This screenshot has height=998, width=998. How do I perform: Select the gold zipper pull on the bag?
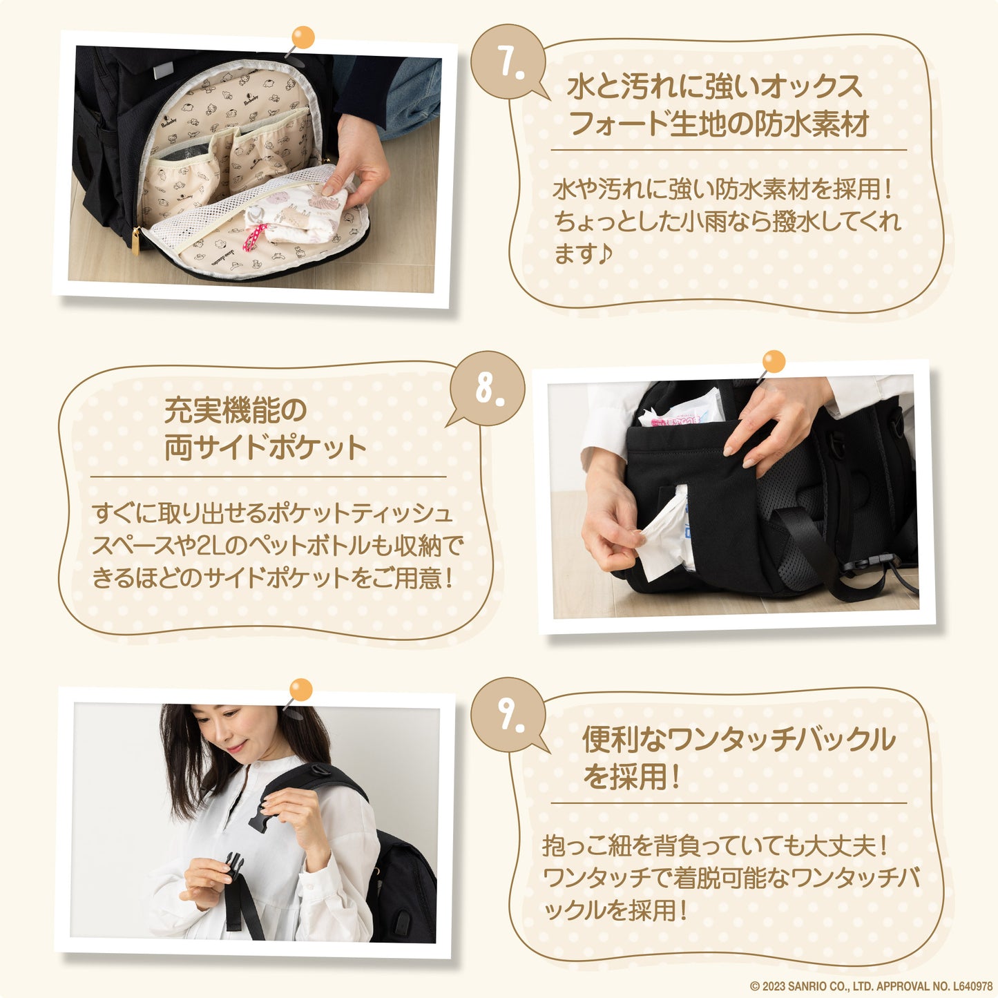(135, 240)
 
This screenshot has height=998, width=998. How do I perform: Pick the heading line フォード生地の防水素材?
(719, 124)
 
